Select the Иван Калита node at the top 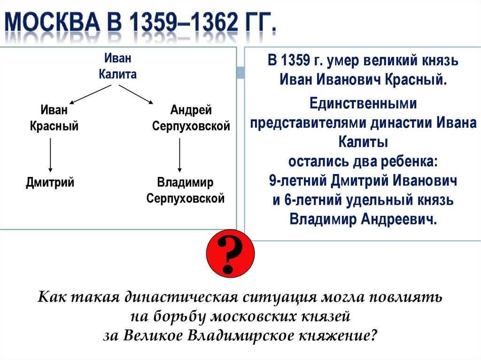[117, 67]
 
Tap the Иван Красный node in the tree [54, 118]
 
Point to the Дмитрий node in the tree [50, 182]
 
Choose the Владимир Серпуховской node [185, 190]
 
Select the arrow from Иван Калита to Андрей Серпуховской [136, 94]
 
